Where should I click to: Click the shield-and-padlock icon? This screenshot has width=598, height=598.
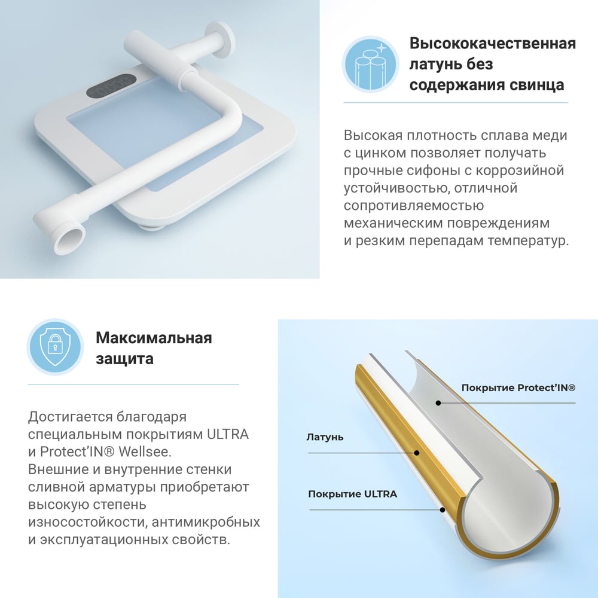click(x=55, y=347)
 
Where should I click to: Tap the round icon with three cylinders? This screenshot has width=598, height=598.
click(x=370, y=64)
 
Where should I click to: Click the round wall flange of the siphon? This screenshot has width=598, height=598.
click(x=219, y=39)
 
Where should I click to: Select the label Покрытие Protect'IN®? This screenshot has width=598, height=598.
click(x=518, y=388)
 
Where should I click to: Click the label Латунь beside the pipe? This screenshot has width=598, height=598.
click(x=325, y=438)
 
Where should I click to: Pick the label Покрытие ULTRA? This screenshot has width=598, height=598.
click(x=352, y=494)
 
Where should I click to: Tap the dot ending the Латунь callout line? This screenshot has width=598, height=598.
click(x=417, y=453)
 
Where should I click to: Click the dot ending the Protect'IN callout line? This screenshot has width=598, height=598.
click(x=438, y=402)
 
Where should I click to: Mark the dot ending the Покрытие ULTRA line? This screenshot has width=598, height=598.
click(x=443, y=509)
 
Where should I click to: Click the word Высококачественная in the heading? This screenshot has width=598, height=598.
click(x=493, y=44)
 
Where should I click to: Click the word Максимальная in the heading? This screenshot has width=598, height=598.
click(x=154, y=338)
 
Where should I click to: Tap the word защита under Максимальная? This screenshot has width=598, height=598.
click(x=124, y=359)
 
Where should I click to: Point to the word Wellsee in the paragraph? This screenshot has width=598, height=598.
click(x=145, y=451)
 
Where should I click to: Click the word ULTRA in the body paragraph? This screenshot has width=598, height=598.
click(x=228, y=434)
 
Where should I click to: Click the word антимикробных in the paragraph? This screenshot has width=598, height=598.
click(x=206, y=521)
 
